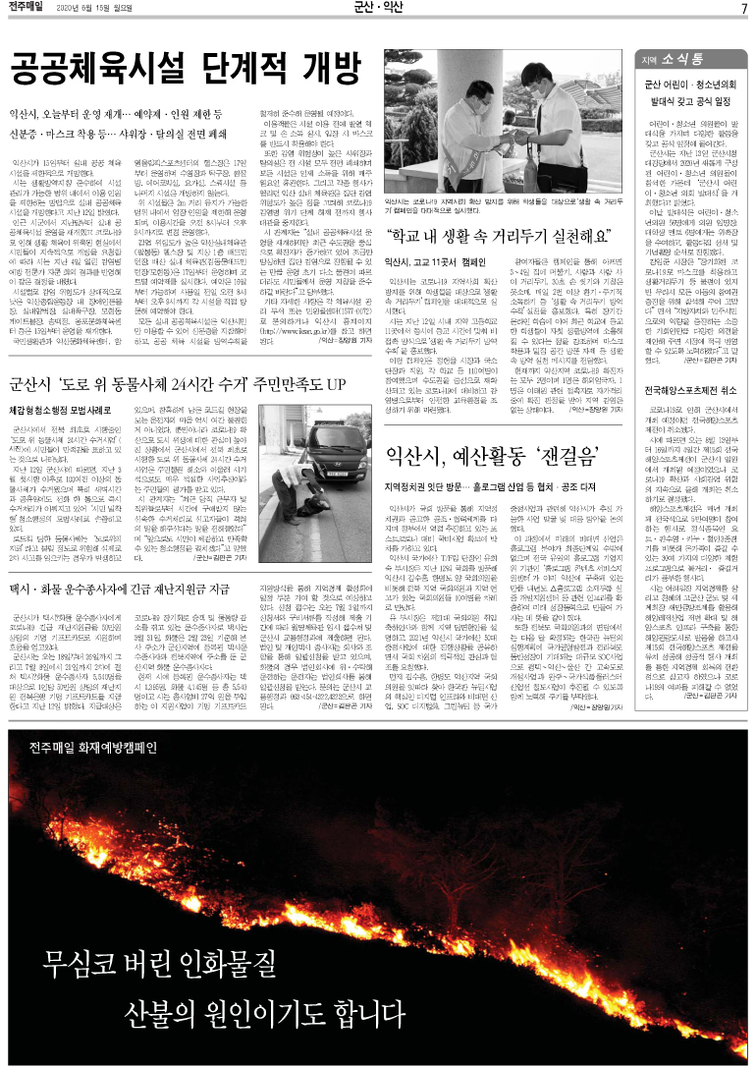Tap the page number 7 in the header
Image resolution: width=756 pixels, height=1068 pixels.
[744, 9]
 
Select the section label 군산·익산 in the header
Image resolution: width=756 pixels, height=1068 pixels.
[377, 9]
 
